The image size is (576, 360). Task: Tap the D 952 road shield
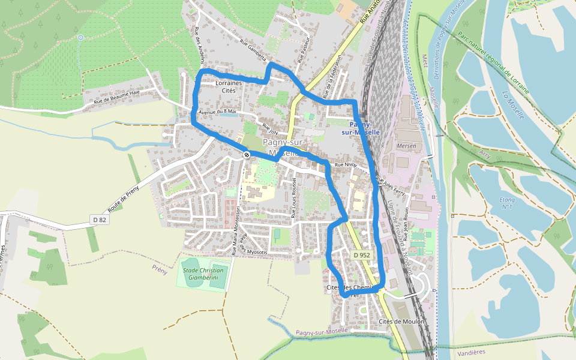point(362,255)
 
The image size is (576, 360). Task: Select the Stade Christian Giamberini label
point(203,274)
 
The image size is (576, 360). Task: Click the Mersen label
point(406,146)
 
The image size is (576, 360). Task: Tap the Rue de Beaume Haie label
point(116,98)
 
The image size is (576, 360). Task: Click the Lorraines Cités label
point(229,87)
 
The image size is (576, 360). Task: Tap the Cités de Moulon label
point(402,322)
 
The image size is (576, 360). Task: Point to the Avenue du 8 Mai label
point(218,111)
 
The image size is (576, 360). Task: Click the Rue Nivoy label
point(346,164)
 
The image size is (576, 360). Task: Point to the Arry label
point(485,154)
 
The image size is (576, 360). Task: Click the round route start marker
point(247,155)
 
